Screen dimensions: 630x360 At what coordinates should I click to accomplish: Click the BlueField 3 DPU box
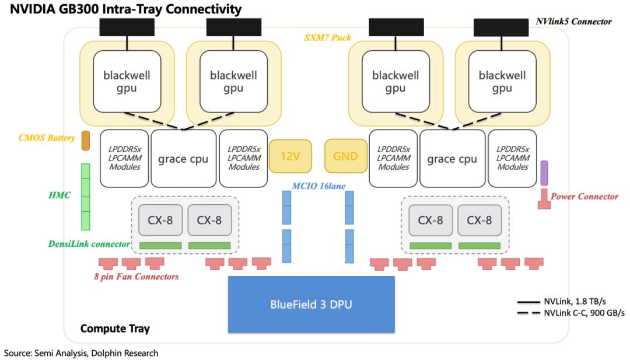[311, 304]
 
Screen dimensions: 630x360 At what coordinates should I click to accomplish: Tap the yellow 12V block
[290, 156]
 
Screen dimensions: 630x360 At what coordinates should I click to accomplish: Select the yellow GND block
[345, 156]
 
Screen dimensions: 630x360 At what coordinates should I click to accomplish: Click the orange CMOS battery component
[86, 141]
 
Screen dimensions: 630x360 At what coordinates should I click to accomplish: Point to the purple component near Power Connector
[544, 173]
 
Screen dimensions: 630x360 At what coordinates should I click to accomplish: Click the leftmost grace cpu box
[183, 158]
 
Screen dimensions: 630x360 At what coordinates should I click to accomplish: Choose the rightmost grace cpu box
[452, 158]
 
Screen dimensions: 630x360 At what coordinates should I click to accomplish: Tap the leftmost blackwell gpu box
[127, 82]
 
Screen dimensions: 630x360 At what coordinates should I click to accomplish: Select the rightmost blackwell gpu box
[502, 82]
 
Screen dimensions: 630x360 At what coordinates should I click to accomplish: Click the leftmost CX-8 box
[160, 220]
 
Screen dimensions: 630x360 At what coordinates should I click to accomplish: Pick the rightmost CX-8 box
[480, 220]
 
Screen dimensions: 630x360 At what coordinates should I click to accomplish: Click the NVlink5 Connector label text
[574, 21]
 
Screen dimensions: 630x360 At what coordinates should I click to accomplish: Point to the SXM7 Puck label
[327, 37]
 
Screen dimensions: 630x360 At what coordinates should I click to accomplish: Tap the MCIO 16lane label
[318, 186]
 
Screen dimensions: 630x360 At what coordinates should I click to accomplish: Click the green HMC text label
[60, 195]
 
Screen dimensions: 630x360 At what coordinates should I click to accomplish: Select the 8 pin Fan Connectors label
[136, 277]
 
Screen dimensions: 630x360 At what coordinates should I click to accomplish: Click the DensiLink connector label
[89, 244]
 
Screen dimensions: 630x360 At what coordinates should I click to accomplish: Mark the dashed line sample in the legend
[528, 313]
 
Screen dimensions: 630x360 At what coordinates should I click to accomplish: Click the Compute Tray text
[115, 328]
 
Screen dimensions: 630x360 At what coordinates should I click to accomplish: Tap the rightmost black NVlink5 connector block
[501, 27]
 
